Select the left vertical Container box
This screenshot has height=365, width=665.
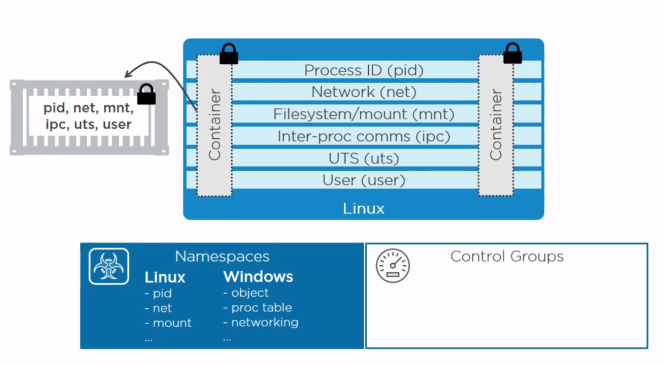point(214,125)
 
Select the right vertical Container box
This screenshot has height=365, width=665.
point(494,125)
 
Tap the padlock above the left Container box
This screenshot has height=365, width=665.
point(228,53)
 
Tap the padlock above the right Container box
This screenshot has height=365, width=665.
point(513,52)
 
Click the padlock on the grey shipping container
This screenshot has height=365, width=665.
point(146,95)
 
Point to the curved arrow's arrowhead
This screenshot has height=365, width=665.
point(127,72)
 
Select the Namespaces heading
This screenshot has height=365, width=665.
point(221,257)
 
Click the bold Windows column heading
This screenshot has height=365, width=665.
point(258,277)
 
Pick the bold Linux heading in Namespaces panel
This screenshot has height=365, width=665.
point(165,277)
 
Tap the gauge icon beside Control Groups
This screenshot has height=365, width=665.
point(392,265)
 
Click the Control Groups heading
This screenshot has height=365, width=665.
point(506,256)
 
